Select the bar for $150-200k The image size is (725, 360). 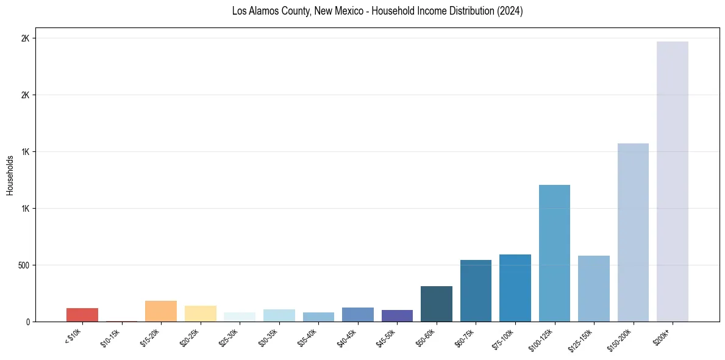pyautogui.click(x=633, y=232)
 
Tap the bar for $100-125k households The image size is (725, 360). pyautogui.click(x=554, y=253)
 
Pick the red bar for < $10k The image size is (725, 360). pyautogui.click(x=82, y=315)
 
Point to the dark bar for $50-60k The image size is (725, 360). pyautogui.click(x=437, y=304)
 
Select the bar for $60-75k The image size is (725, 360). pyautogui.click(x=476, y=291)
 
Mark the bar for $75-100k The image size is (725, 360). pyautogui.click(x=515, y=288)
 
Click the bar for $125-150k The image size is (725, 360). pyautogui.click(x=594, y=289)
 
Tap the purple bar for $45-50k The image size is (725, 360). pyautogui.click(x=397, y=315)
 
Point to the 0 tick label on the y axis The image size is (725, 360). pyautogui.click(x=27, y=322)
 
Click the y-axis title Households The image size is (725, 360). pyautogui.click(x=10, y=175)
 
